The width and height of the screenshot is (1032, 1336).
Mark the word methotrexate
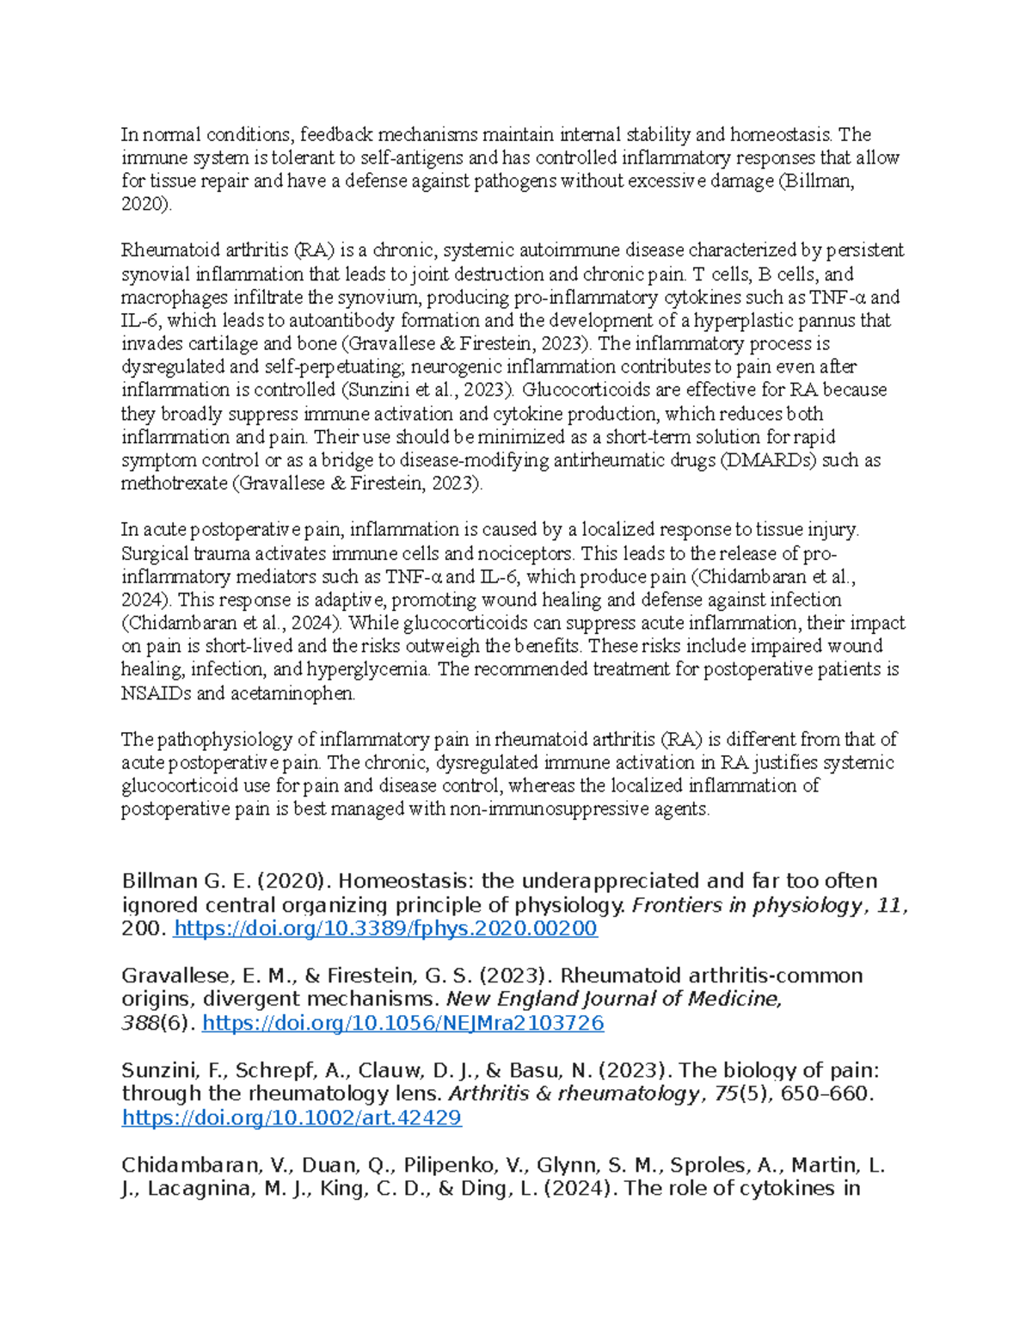coord(175,483)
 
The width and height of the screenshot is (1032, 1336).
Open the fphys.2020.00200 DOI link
coord(385,929)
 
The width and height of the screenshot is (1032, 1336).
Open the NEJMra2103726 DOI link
coord(402,1023)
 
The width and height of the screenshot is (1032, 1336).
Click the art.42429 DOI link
coord(292,1117)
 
